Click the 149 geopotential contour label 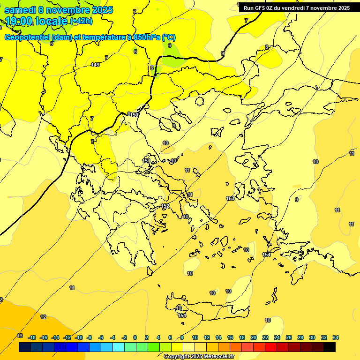(x=95, y=65)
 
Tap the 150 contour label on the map (x=135, y=115)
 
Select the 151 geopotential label (x=146, y=161)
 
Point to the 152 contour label (x=165, y=206)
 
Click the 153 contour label (x=230, y=199)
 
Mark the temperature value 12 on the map (x=43, y=317)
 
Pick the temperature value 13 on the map (x=20, y=336)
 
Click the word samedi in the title (x=20, y=10)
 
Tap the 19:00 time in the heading (x=18, y=21)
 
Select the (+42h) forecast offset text (x=81, y=21)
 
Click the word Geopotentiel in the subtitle (x=27, y=37)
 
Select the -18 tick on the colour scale (x=32, y=337)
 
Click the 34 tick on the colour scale (x=336, y=337)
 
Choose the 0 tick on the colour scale (x=135, y=337)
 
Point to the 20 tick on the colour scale (x=254, y=337)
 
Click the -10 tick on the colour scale (x=78, y=337)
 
